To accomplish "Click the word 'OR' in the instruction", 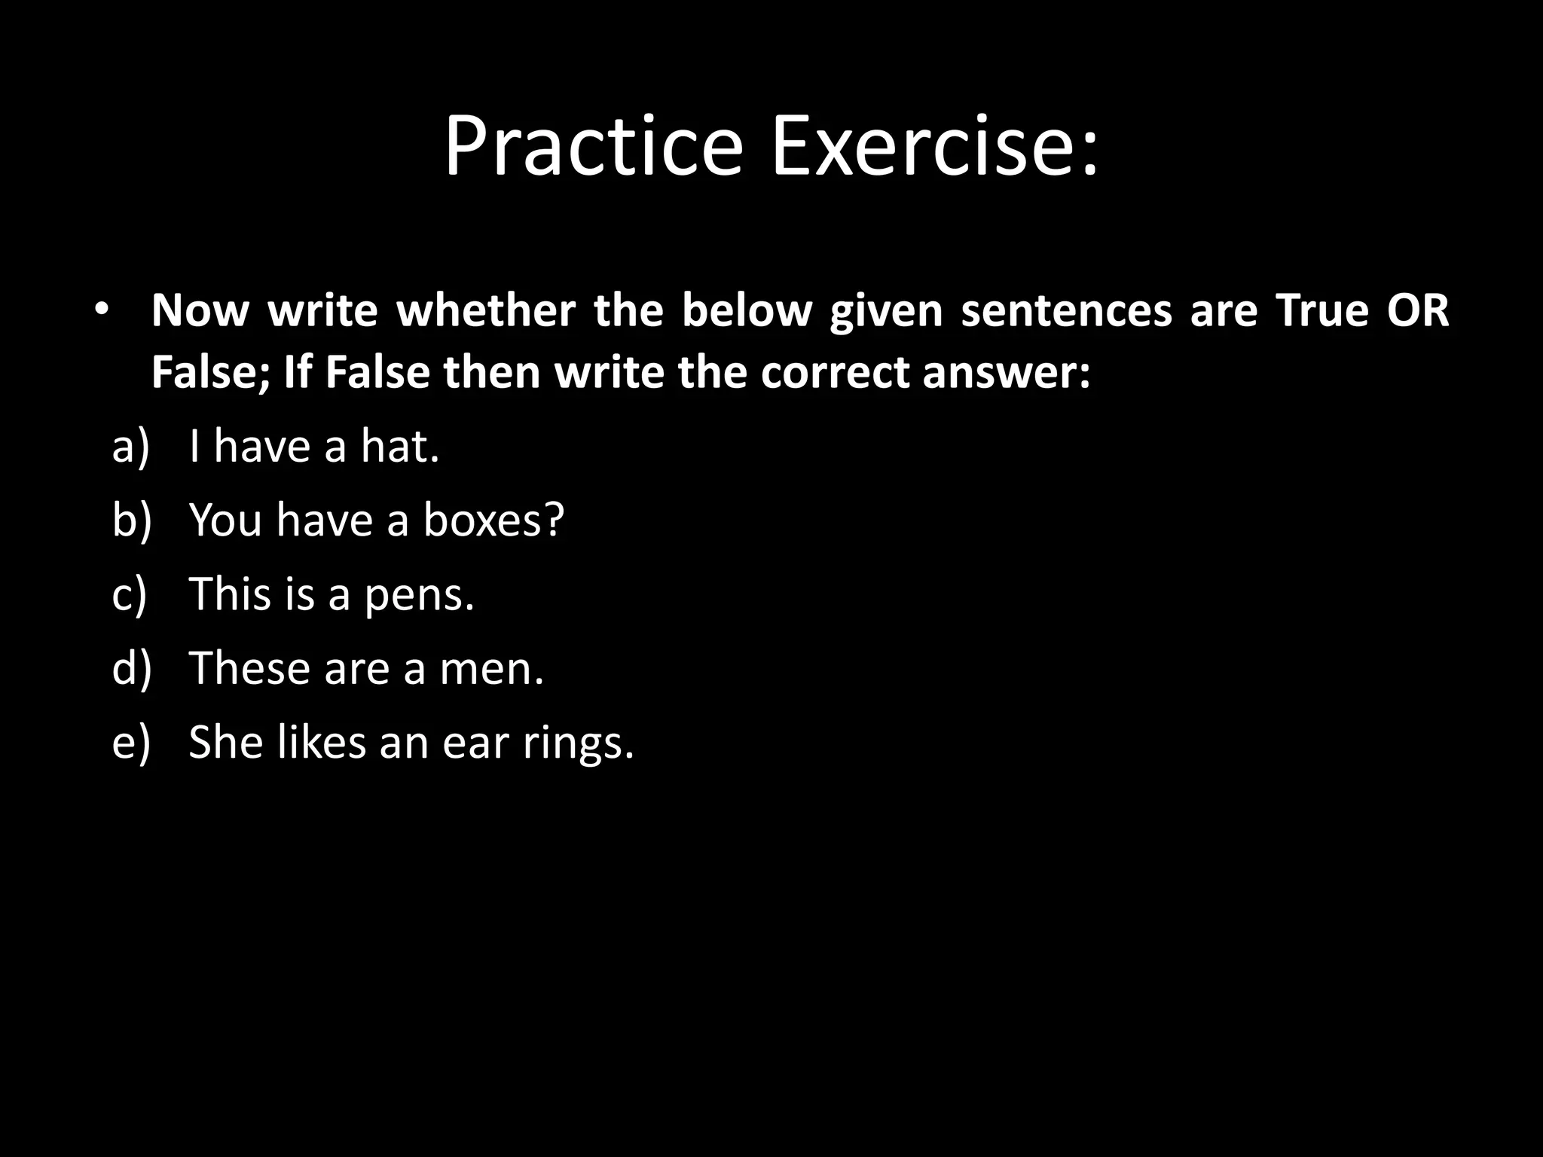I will point(1418,310).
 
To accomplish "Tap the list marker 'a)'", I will point(130,446).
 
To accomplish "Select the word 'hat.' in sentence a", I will point(399,446).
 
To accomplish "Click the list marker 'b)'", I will point(131,520).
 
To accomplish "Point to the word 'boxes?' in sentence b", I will point(493,520).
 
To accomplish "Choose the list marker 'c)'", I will point(129,594).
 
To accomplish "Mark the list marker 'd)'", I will point(131,668).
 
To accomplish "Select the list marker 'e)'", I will point(130,742).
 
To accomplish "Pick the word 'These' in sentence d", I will point(248,668).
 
